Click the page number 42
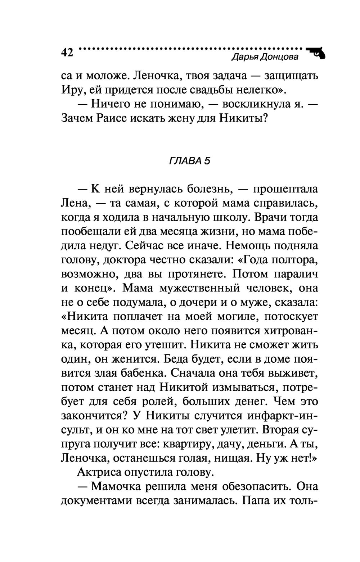[x=67, y=52]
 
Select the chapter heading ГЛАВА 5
[x=189, y=161]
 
